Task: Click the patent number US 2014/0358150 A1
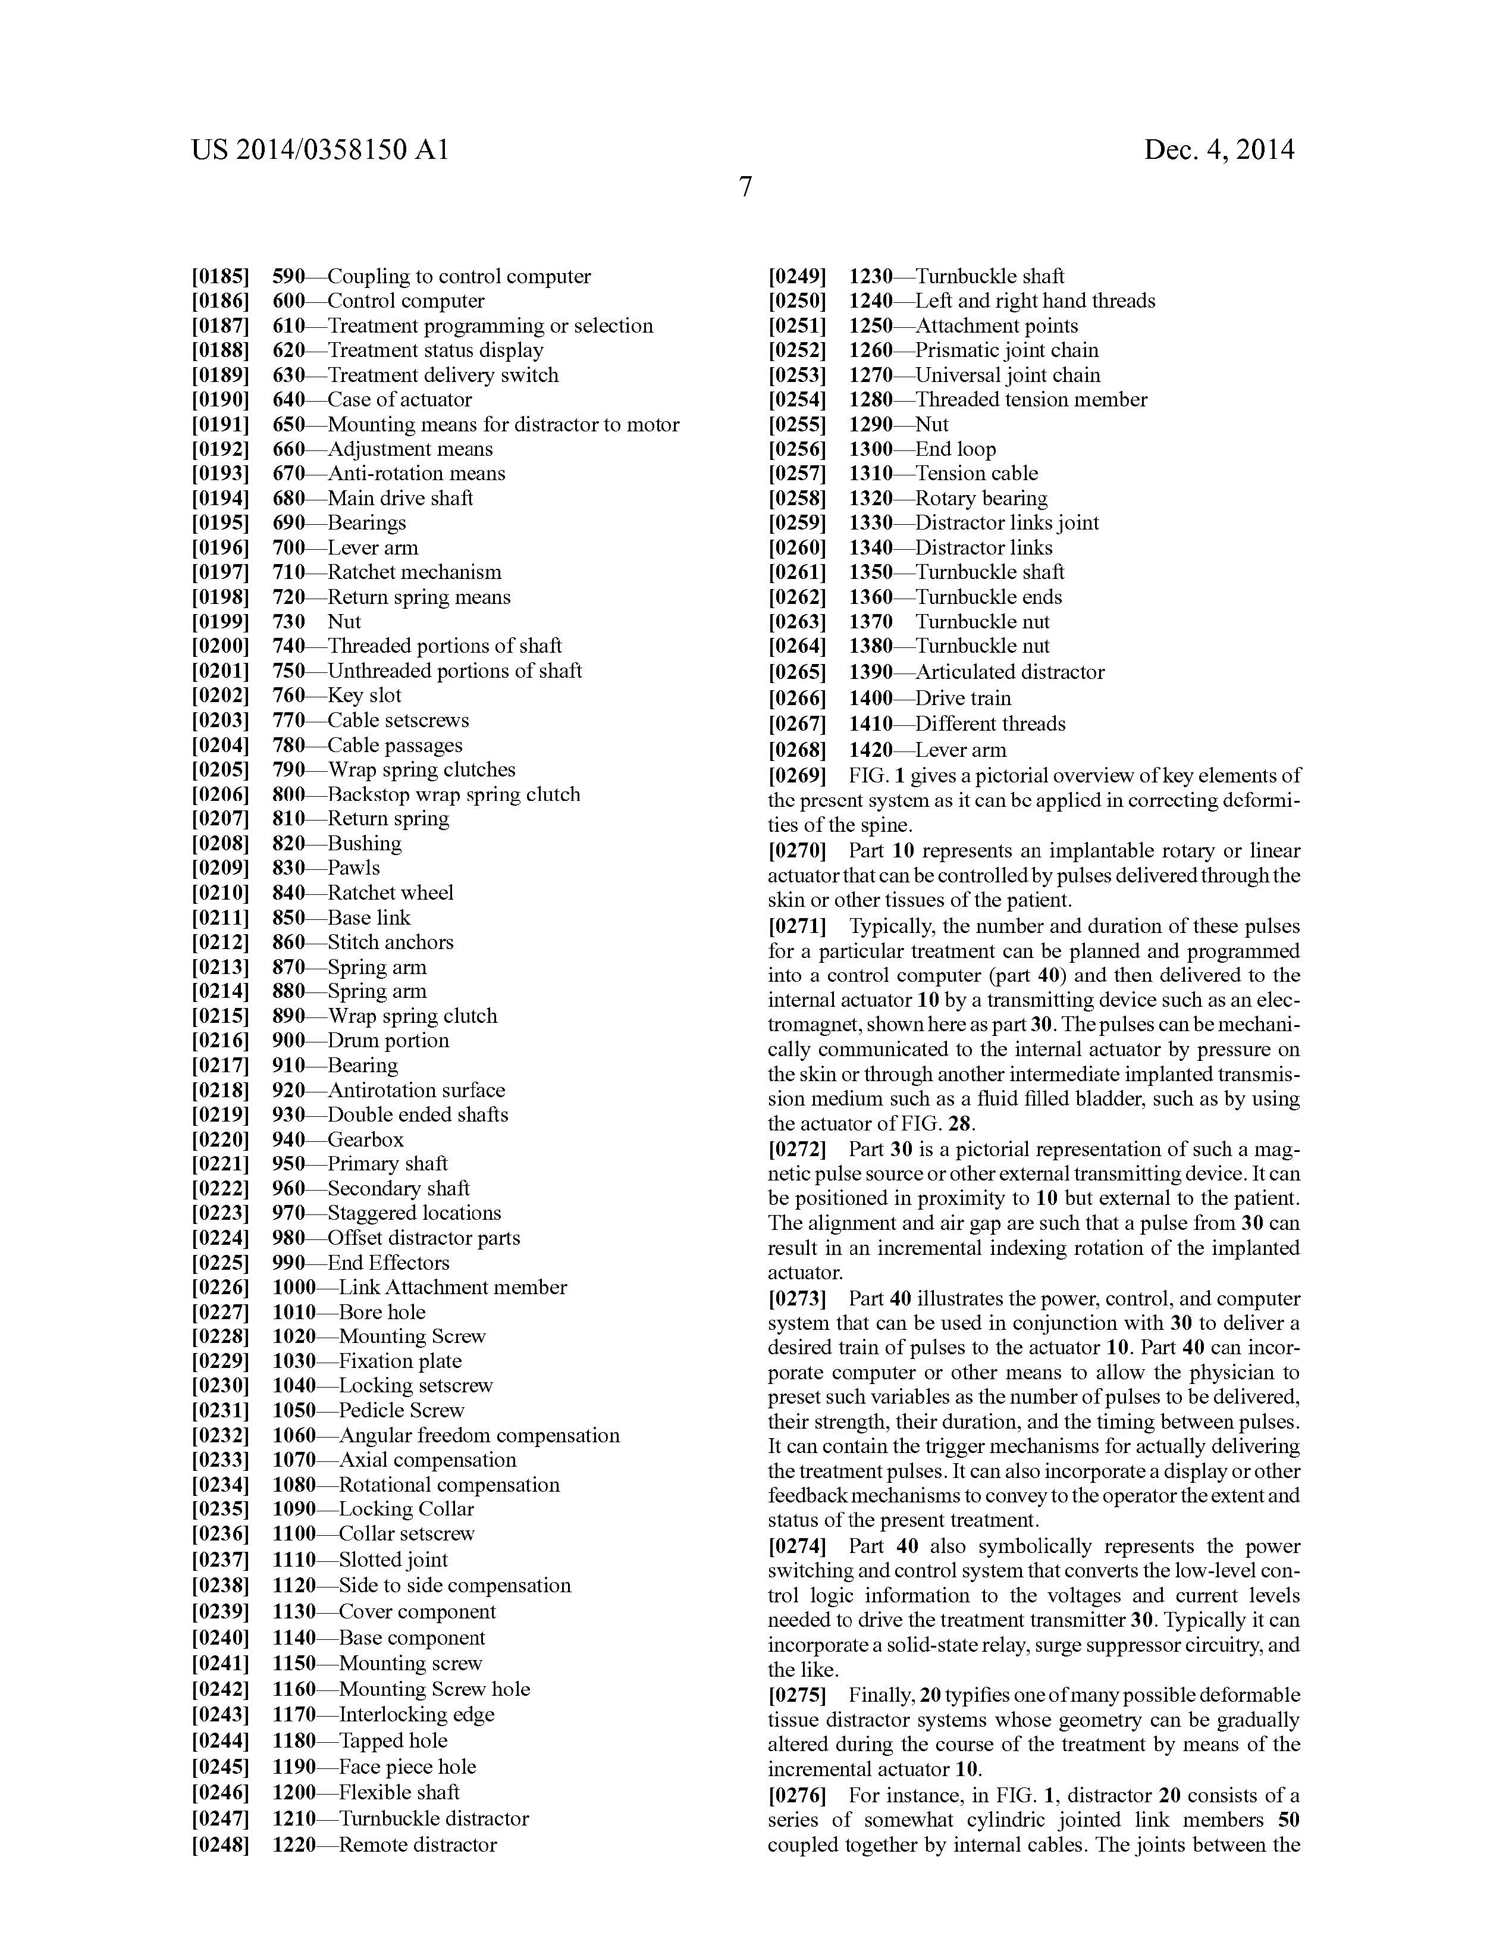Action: pos(320,149)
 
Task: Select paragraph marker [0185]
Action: pos(219,276)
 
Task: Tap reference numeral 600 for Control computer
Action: pos(288,301)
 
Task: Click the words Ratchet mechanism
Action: pos(414,572)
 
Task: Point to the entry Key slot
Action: pos(363,696)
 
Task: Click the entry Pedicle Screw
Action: pos(401,1410)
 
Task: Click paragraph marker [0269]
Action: pos(796,775)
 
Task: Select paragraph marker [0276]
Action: pos(796,1796)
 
